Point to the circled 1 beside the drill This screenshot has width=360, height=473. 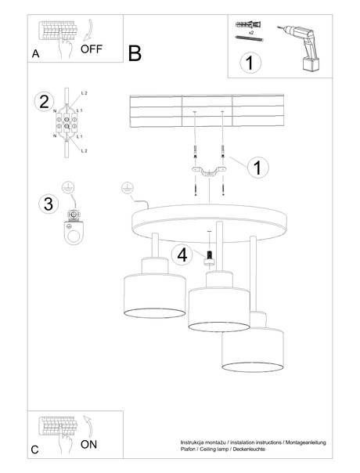249,63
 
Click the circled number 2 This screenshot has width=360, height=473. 44,101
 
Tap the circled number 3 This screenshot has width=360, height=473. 48,204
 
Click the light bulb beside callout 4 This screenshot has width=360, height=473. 209,255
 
